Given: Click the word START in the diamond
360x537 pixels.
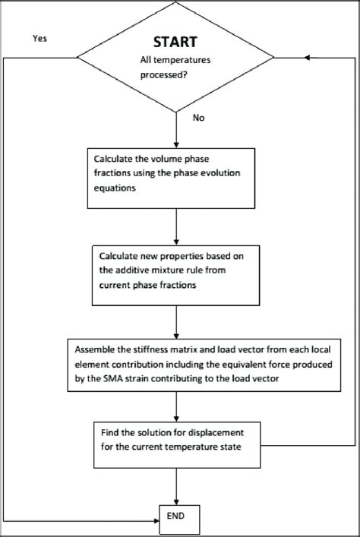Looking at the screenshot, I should tap(175, 43).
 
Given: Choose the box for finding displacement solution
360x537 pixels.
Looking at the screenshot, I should tap(175, 444).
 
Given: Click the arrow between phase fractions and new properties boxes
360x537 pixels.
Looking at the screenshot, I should tap(175, 226).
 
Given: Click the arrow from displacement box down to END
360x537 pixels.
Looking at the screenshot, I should tap(175, 484).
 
